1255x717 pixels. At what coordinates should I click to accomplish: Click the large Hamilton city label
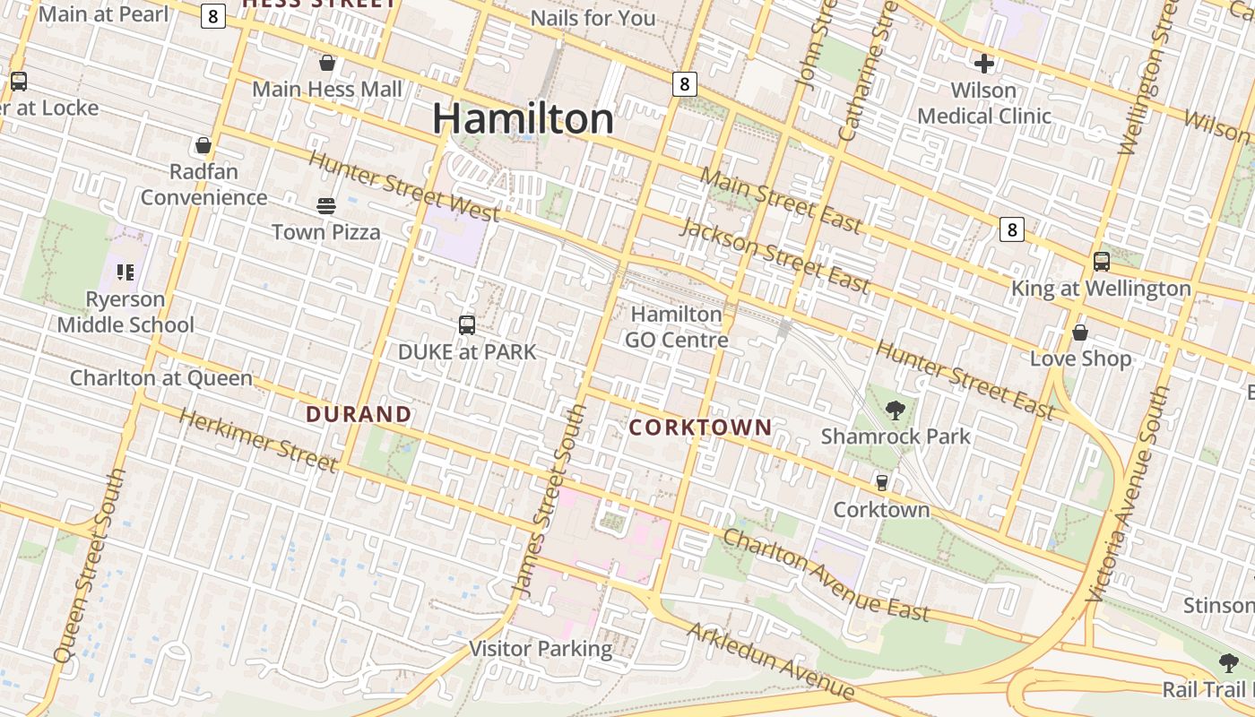[x=524, y=119]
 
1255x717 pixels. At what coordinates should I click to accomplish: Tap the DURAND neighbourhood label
[x=359, y=414]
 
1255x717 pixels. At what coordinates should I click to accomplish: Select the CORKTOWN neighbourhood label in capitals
[x=700, y=427]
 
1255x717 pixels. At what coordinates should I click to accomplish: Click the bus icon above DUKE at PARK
[x=466, y=325]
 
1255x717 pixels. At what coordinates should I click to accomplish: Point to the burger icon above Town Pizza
[x=326, y=206]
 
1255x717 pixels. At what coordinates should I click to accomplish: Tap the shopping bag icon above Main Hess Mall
[x=327, y=63]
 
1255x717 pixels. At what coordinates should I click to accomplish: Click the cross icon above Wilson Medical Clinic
[x=984, y=64]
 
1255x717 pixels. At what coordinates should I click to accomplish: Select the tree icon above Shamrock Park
[x=895, y=410]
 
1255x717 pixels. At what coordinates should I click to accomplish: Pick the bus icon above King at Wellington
[x=1101, y=262]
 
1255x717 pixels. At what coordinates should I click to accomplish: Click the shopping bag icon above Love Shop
[x=1080, y=333]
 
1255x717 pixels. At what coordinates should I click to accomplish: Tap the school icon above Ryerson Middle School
[x=125, y=272]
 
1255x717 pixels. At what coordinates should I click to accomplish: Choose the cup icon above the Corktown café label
[x=882, y=482]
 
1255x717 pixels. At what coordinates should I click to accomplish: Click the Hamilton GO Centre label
[x=676, y=327]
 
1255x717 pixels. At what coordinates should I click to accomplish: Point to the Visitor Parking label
[x=541, y=649]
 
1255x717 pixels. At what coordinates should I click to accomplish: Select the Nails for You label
[x=593, y=18]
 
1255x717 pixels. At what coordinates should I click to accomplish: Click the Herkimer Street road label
[x=258, y=439]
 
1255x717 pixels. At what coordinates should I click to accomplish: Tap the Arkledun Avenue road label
[x=771, y=661]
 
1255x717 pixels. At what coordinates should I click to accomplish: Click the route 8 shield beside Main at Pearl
[x=212, y=16]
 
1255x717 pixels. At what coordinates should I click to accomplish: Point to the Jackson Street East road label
[x=775, y=255]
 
